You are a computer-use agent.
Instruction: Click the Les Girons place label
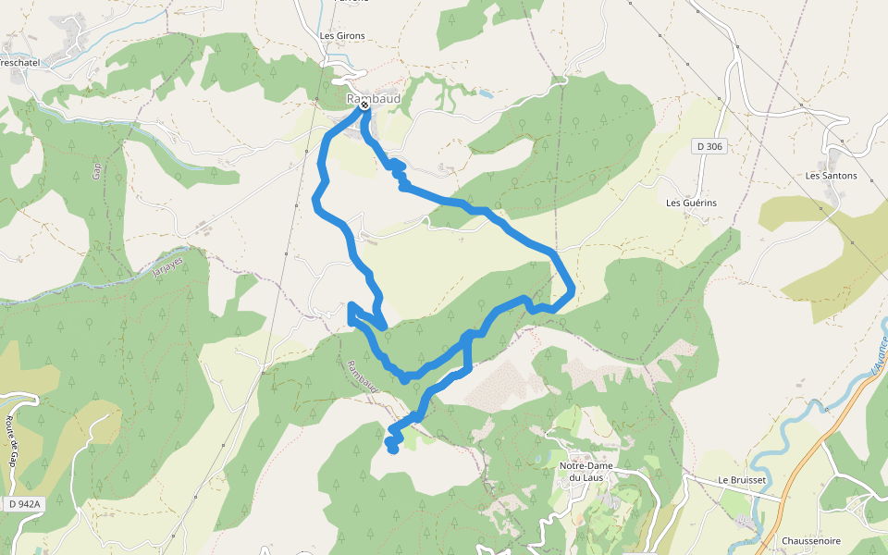341,36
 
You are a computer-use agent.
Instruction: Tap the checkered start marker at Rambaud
364,105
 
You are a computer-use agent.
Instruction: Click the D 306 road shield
709,146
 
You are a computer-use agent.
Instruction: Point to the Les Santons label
831,175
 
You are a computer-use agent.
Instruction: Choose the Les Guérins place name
691,203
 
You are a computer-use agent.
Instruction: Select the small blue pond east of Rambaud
486,93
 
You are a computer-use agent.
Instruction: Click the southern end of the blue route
393,449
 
